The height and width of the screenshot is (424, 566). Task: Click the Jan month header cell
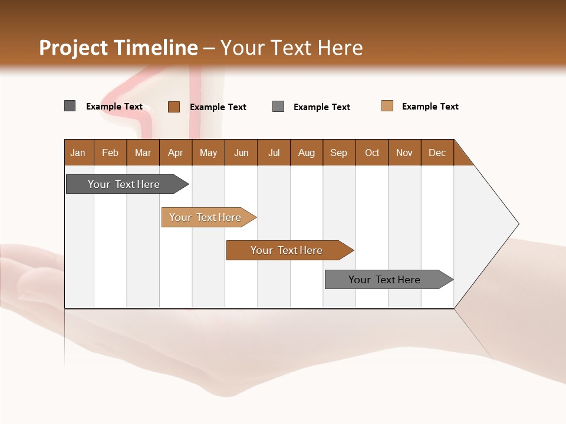[x=78, y=153]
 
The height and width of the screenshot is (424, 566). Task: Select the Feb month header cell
[x=110, y=153]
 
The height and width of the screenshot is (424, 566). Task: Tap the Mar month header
[x=143, y=153]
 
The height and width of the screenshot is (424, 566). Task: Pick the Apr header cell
[x=176, y=153]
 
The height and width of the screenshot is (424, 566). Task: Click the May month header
[x=208, y=153]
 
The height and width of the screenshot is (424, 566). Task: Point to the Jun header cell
[x=241, y=153]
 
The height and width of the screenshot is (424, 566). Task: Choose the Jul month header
[x=274, y=153]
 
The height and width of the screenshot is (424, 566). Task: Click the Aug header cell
[x=307, y=153]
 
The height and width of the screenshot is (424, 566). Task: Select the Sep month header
[x=339, y=153]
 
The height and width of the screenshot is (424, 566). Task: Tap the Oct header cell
[x=372, y=153]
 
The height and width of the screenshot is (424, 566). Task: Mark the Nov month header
[x=404, y=153]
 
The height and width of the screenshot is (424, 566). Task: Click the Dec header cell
[x=437, y=153]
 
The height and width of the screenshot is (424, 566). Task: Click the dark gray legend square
[x=70, y=106]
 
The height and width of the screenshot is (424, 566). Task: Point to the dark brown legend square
[x=174, y=107]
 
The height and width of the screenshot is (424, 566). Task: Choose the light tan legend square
[x=387, y=106]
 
